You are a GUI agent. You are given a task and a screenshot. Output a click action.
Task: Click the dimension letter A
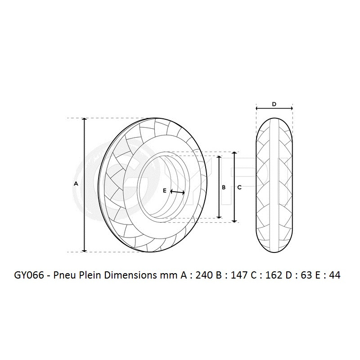click(76, 184)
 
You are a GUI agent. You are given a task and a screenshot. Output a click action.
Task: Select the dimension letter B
click(224, 188)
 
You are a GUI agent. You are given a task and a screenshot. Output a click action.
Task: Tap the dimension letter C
click(239, 188)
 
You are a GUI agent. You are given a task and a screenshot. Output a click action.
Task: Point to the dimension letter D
click(274, 104)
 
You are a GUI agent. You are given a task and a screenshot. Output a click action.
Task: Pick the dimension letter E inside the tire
click(165, 191)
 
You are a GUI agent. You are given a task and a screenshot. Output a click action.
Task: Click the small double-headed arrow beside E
click(178, 192)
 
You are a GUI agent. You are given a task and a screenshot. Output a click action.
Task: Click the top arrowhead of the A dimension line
click(85, 120)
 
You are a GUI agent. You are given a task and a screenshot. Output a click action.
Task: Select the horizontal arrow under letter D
click(274, 108)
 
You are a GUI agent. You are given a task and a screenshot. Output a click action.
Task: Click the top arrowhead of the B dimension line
click(219, 157)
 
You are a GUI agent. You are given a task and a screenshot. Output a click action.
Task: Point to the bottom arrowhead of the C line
click(234, 220)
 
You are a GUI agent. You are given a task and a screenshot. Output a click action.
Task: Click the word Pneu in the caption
click(65, 275)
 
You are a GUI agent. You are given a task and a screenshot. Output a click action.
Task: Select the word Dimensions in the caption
click(128, 275)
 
